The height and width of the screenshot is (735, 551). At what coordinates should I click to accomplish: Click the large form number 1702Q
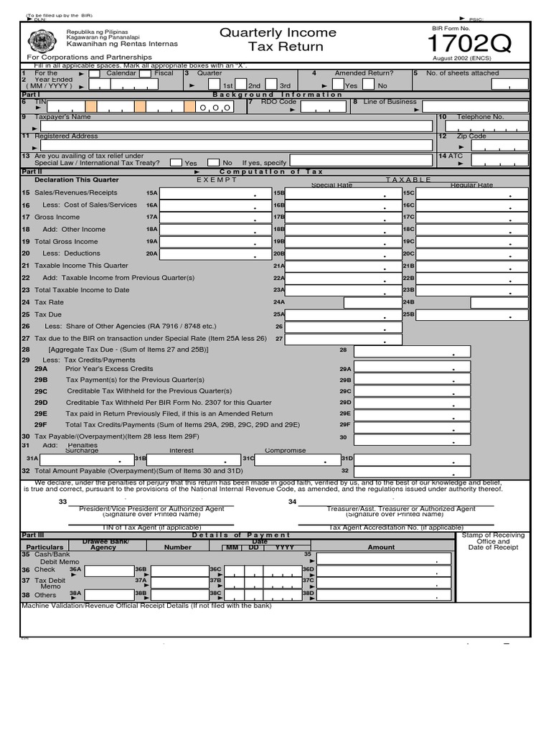point(471,45)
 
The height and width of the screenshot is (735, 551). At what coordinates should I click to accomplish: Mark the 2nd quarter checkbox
point(242,85)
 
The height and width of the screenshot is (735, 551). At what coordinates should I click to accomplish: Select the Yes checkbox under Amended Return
point(339,85)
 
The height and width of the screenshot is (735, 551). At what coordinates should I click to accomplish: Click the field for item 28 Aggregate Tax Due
point(413,351)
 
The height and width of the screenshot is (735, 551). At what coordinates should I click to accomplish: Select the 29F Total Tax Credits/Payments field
point(413,425)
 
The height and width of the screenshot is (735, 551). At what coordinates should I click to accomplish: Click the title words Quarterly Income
point(277,32)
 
